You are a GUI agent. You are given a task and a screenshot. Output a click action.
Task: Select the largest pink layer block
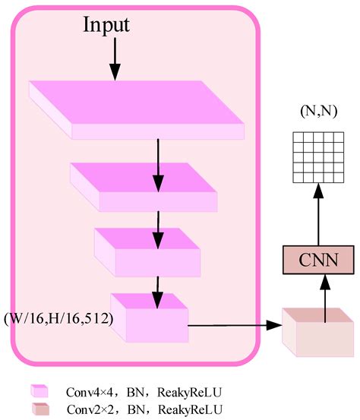pos(137,109)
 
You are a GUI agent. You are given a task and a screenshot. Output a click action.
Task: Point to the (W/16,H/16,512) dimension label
pos(58,318)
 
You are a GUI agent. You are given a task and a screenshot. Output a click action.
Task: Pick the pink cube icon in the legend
pos(40,391)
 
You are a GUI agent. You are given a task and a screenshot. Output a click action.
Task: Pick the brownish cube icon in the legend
pos(40,409)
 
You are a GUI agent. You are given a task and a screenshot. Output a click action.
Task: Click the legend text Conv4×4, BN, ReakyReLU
pos(147,391)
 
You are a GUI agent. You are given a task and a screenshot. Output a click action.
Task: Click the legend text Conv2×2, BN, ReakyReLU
pos(147,409)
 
